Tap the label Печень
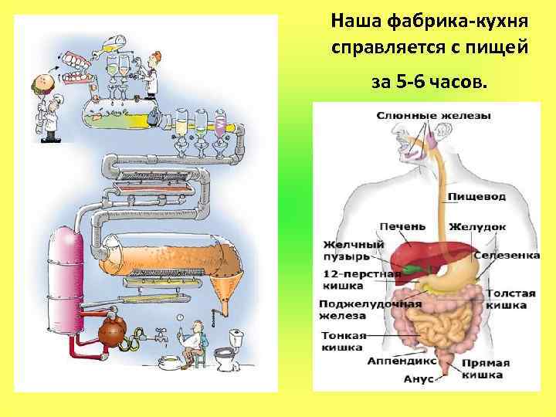tap(402, 226)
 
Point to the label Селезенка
tap(507, 255)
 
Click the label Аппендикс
tap(402, 361)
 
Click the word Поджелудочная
tap(370, 303)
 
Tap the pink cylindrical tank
tap(65, 274)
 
